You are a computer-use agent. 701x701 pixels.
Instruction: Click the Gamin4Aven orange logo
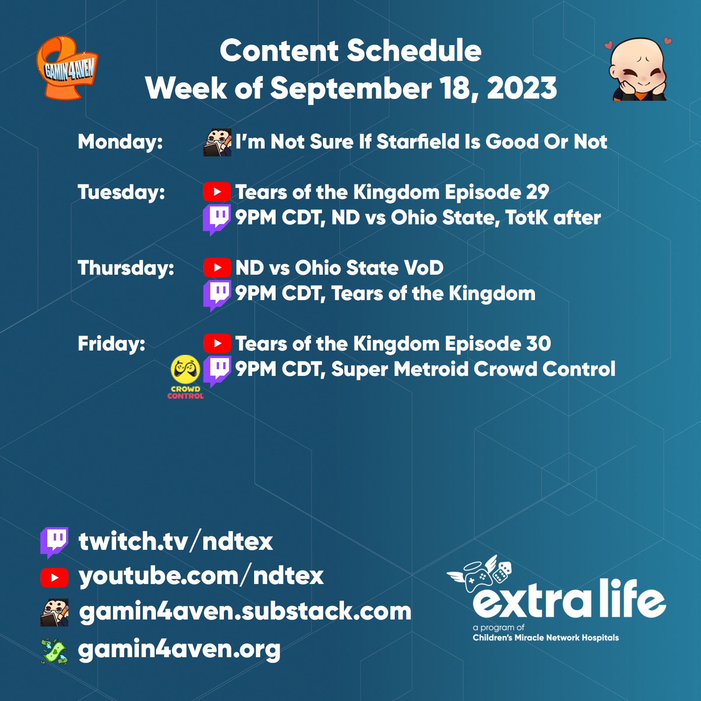coord(67,68)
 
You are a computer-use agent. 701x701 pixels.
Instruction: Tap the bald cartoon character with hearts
coord(638,69)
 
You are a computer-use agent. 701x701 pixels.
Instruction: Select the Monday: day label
coord(120,142)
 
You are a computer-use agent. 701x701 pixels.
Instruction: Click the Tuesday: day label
coord(121,192)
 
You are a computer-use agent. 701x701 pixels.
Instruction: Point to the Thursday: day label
coord(126,268)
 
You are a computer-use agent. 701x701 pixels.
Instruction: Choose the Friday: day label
coord(111,344)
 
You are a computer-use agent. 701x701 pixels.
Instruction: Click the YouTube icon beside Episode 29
coord(217,192)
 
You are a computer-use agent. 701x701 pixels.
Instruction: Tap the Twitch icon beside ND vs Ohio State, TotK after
coord(216,219)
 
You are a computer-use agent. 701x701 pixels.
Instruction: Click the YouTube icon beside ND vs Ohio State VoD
coord(217,268)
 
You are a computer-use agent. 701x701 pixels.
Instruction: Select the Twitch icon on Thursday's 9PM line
coord(216,295)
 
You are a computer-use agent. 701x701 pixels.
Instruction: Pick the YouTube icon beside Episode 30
coord(217,343)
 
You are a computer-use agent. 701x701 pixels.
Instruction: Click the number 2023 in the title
coord(522,89)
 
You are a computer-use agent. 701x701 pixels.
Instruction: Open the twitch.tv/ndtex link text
coord(176,542)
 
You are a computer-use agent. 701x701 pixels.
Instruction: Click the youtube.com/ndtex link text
coord(201,576)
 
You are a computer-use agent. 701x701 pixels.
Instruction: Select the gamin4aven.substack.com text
coord(245,612)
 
